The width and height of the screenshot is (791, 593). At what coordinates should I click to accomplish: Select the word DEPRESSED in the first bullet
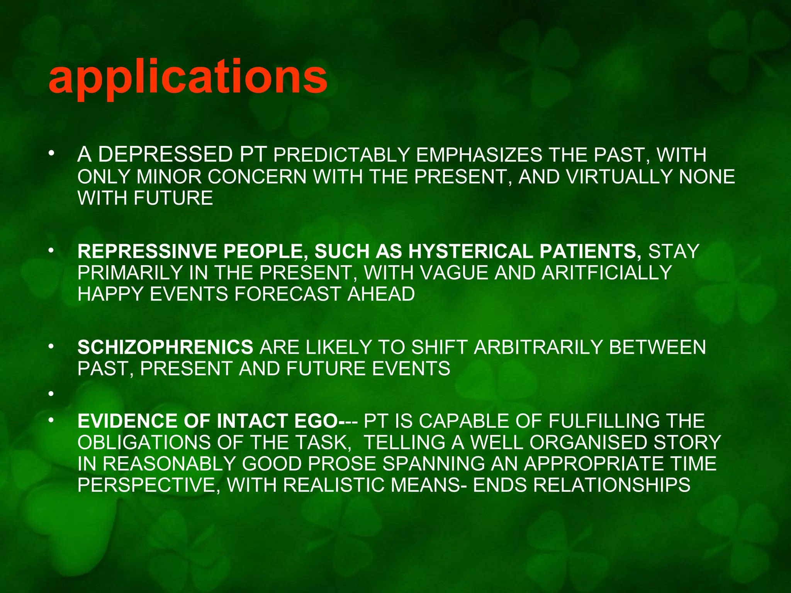165,154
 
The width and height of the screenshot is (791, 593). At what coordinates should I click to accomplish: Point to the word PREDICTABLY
341,155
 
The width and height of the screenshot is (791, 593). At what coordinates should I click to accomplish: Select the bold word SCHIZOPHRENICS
165,347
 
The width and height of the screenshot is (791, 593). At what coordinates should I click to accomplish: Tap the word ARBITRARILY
538,347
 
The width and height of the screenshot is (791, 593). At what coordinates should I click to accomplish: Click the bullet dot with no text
51,394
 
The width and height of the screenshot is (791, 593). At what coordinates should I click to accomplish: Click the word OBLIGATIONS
144,442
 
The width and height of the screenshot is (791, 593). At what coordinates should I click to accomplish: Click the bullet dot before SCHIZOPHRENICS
51,347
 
